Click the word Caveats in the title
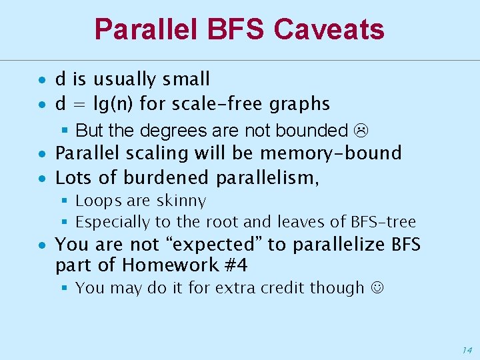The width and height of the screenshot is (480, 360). (x=329, y=29)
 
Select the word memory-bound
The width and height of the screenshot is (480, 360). (x=331, y=153)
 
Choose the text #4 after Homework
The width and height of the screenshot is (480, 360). (x=235, y=265)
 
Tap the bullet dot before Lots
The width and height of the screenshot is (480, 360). (x=41, y=179)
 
